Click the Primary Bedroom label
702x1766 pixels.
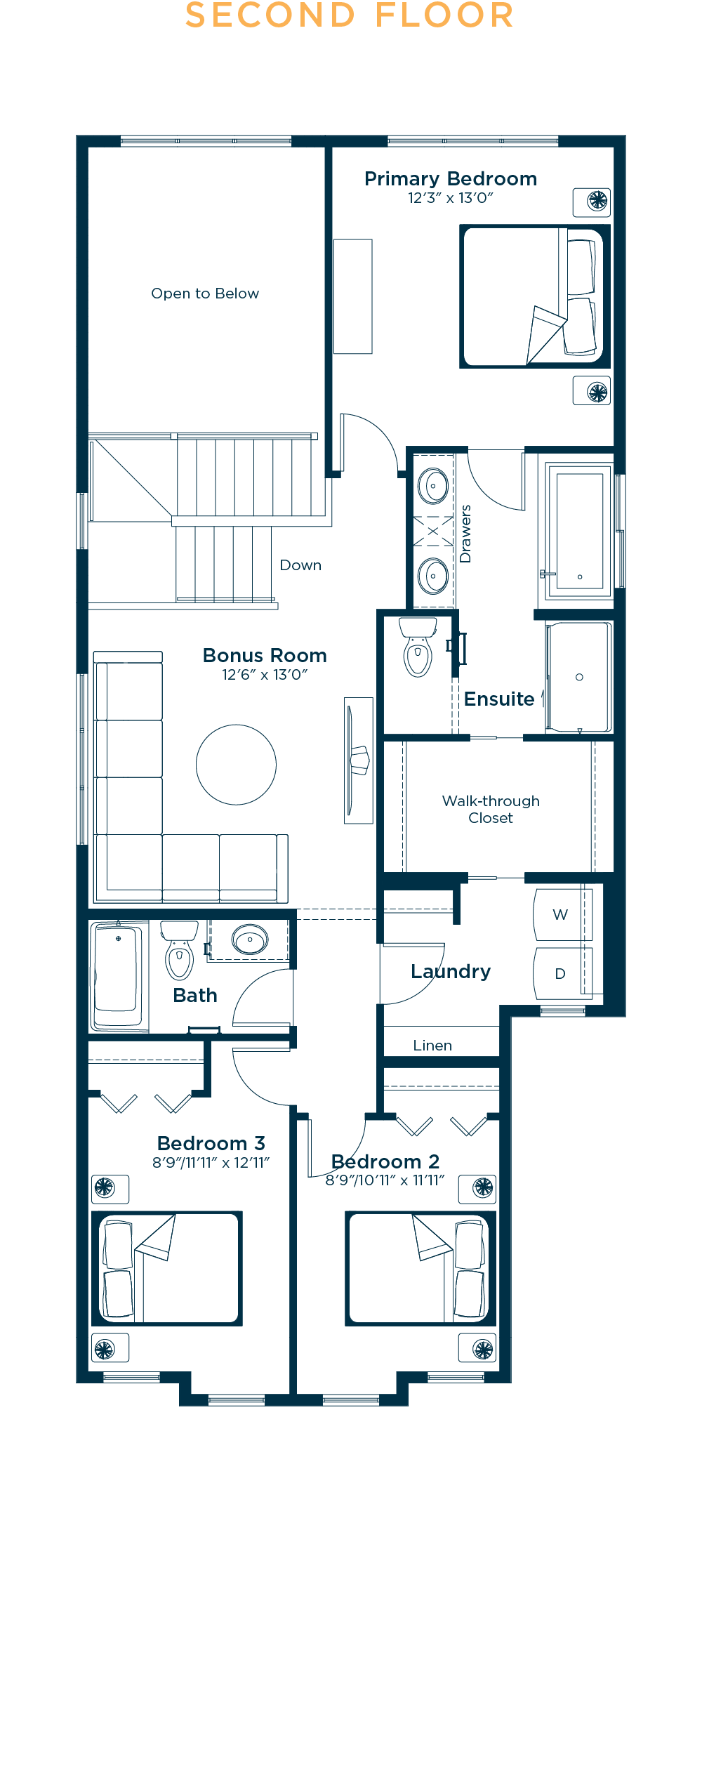click(x=451, y=179)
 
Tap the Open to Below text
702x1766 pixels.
click(x=205, y=294)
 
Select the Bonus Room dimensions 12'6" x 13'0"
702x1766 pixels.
click(x=265, y=675)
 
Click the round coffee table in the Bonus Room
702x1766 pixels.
click(x=236, y=765)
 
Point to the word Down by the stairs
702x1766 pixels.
click(x=300, y=565)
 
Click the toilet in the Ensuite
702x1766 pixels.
click(x=418, y=646)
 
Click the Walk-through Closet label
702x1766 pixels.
click(x=491, y=810)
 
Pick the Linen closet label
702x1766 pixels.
click(x=432, y=1046)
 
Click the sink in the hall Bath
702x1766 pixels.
click(x=250, y=940)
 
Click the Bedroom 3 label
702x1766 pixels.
click(x=211, y=1143)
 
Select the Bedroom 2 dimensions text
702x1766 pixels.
click(x=385, y=1180)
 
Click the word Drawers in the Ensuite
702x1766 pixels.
click(x=465, y=534)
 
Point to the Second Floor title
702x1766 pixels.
click(x=350, y=15)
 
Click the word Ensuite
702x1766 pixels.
click(x=499, y=699)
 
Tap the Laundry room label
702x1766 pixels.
click(x=451, y=972)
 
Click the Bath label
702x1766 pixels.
click(x=195, y=996)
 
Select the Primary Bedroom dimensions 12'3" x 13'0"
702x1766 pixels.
click(x=451, y=198)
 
